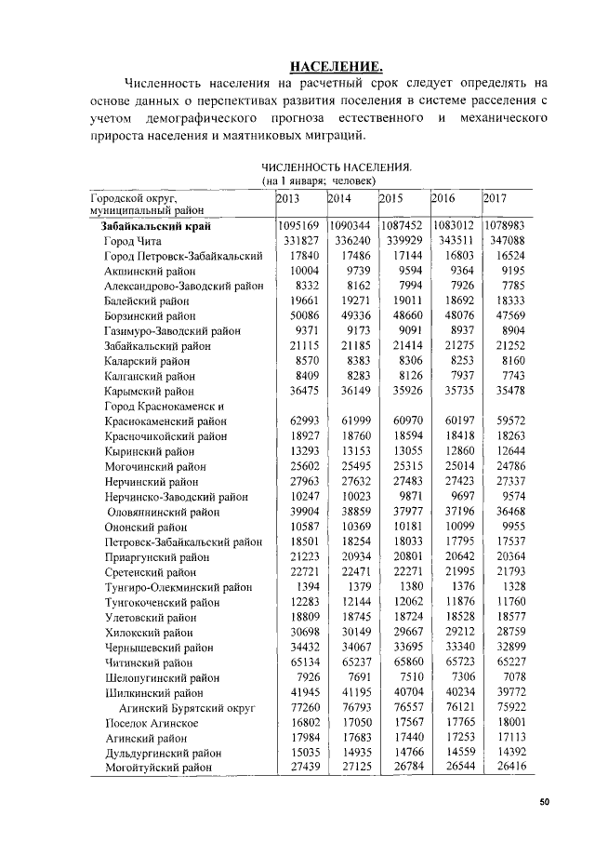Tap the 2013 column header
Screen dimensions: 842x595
point(288,198)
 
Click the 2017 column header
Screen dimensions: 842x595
point(495,198)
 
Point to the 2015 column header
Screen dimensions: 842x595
point(391,198)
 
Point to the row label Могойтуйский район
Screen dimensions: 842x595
point(157,767)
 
